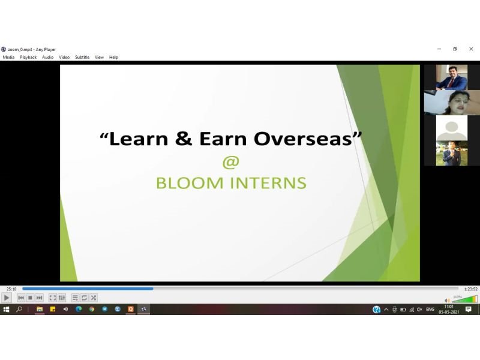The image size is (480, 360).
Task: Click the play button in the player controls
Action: pos(7,298)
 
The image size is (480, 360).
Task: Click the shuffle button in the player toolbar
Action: pos(94,298)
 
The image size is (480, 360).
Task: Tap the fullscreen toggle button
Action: pos(53,298)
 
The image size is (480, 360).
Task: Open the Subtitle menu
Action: pos(82,57)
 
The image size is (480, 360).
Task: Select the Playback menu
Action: pos(28,57)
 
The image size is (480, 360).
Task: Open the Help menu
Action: pos(113,57)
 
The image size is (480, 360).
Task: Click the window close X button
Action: pos(471,49)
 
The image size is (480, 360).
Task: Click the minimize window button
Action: pos(439,49)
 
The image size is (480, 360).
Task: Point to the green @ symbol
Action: pos(231,162)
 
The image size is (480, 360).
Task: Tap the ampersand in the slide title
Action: pos(184,139)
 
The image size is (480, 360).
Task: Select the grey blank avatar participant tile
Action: pos(452,128)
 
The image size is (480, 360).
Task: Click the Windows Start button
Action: pos(6,309)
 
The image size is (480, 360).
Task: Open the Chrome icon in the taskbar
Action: pos(92,309)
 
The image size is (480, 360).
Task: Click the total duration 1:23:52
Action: pos(470,289)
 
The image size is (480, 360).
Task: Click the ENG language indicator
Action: pos(430,309)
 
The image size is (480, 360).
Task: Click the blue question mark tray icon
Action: pos(377,310)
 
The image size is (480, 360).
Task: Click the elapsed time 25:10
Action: pos(11,289)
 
